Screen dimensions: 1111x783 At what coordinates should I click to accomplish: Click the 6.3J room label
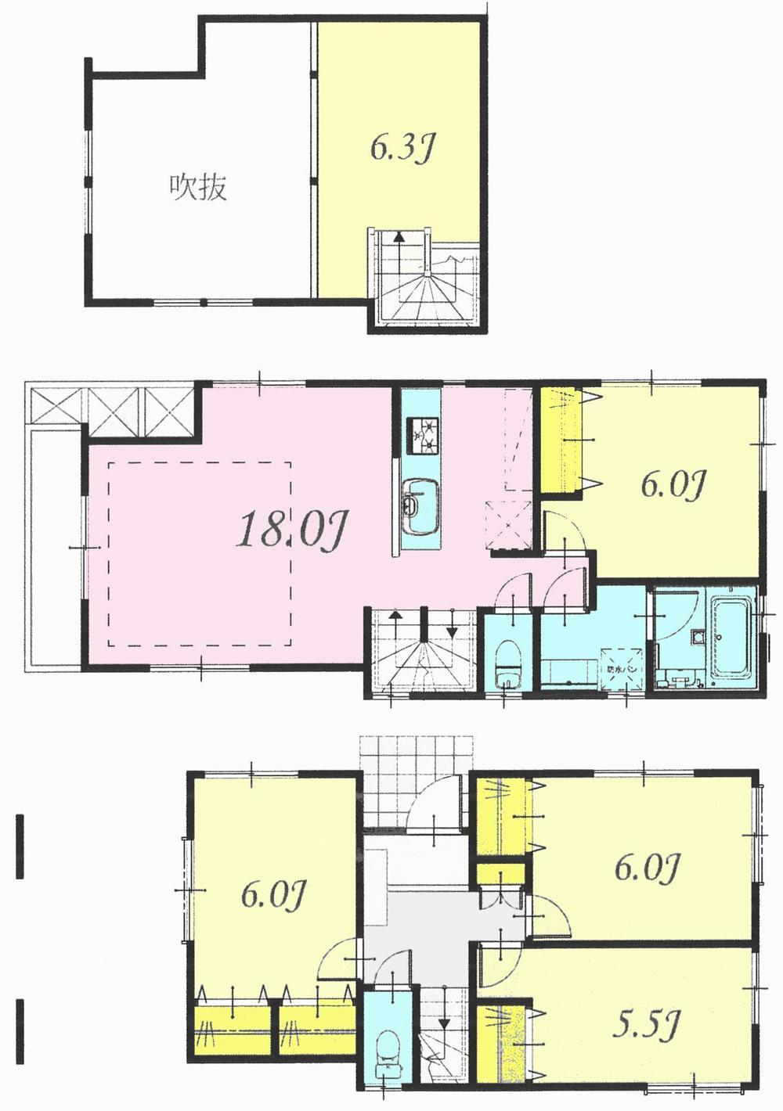(402, 149)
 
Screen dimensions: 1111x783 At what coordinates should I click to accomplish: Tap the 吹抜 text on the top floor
(199, 188)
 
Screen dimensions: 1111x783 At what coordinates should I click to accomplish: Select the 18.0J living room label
(290, 531)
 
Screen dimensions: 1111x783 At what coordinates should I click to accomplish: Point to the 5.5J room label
(646, 1024)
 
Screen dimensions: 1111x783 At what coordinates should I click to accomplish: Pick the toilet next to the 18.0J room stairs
(509, 665)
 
